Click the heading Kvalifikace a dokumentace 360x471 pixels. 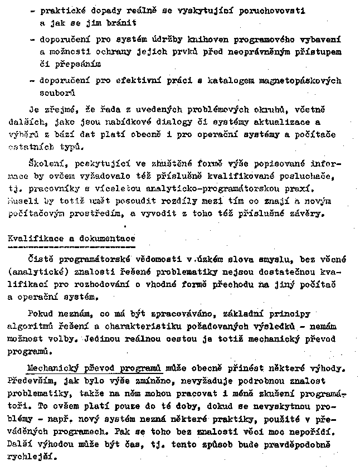71,238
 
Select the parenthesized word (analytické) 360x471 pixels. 36,271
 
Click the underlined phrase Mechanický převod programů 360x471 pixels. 94,368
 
